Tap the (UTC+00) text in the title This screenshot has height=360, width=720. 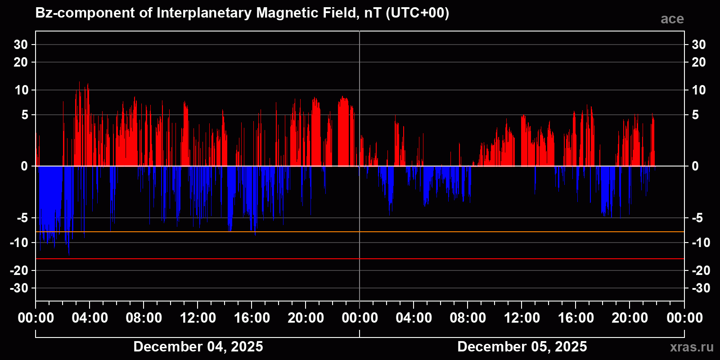point(417,13)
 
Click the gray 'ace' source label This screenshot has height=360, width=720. point(672,19)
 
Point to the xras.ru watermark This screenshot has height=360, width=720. point(692,347)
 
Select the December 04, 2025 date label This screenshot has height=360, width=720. point(198,346)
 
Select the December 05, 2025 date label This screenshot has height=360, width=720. point(522,346)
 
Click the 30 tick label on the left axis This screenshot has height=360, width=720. point(21,45)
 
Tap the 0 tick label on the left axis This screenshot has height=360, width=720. point(24,166)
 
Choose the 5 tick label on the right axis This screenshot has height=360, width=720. point(695,115)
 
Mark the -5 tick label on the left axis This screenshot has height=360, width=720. point(22,218)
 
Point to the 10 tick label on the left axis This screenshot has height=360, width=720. point(21,90)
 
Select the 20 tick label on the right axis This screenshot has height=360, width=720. point(698,62)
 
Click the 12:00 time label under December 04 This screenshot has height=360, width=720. point(198,318)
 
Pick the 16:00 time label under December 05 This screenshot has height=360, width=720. point(576,318)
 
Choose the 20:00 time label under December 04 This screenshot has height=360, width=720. point(306,318)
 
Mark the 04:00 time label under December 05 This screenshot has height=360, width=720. point(414,318)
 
